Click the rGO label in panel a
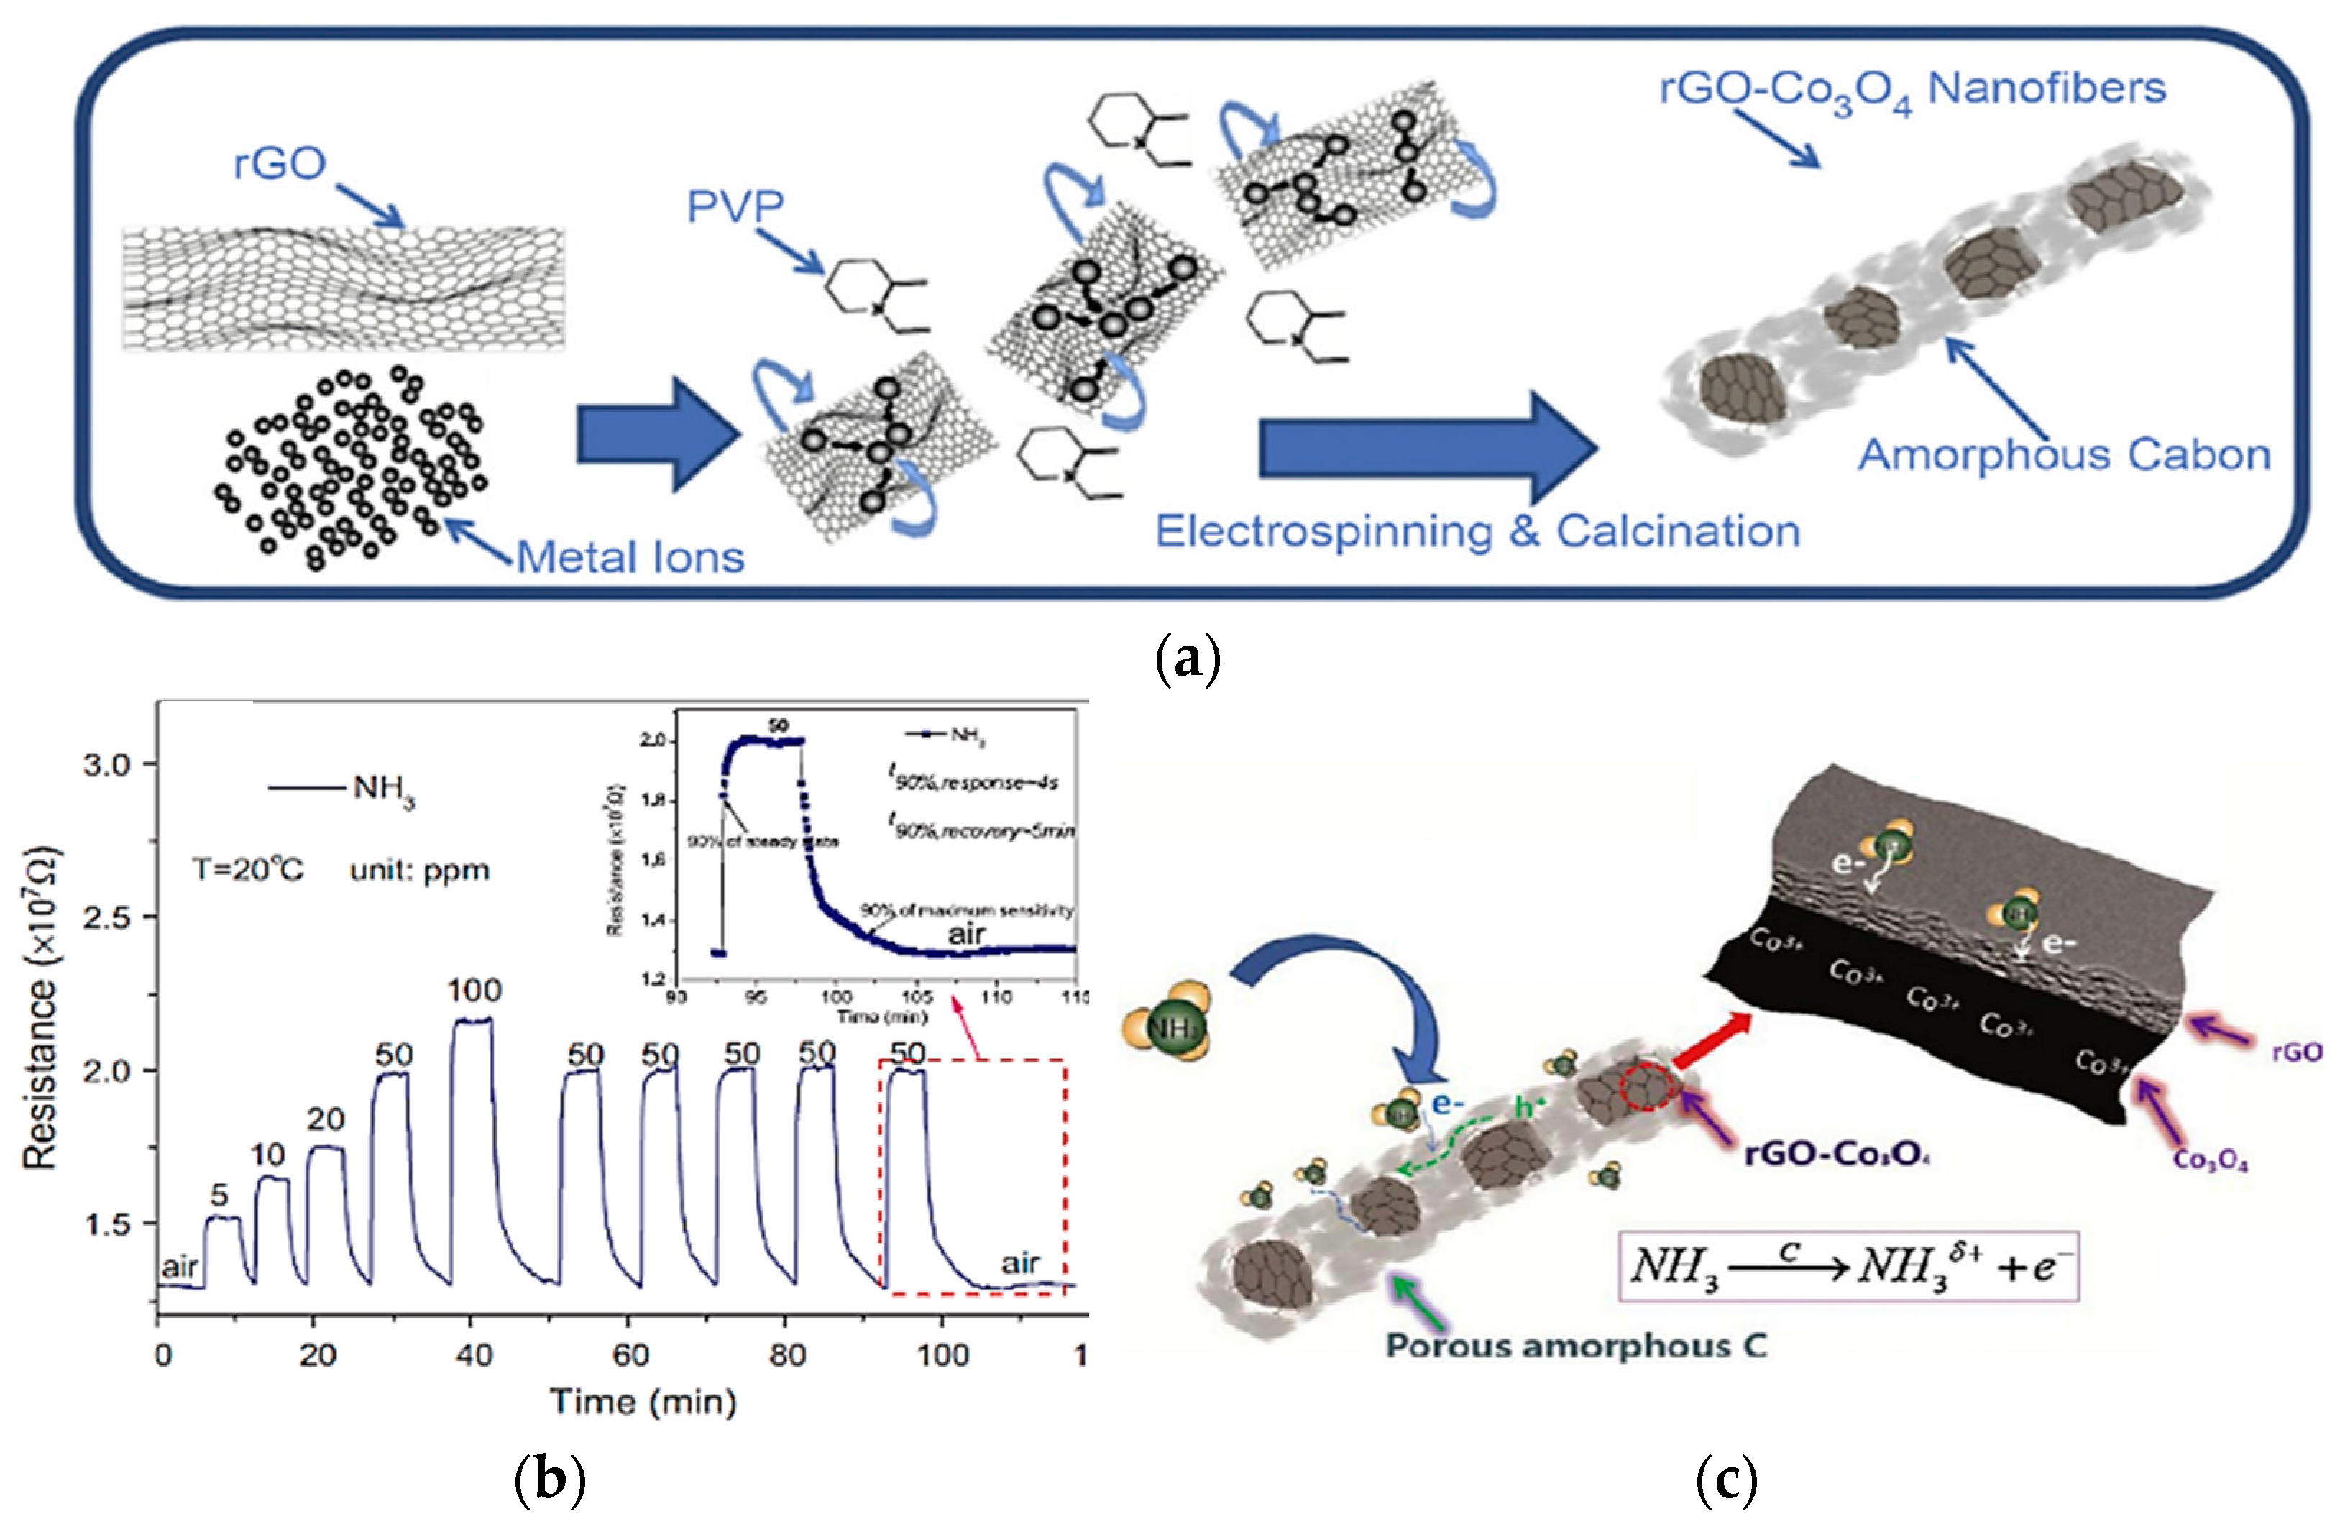click(x=279, y=163)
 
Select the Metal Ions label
click(x=630, y=558)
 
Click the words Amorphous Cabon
click(x=2064, y=455)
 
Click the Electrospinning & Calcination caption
click(x=1477, y=532)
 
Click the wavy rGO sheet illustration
click(x=343, y=288)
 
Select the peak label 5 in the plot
click(x=219, y=1195)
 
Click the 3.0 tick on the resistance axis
click(x=106, y=764)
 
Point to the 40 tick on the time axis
click(x=474, y=1356)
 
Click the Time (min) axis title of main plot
click(x=643, y=1402)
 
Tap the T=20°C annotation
click(x=247, y=870)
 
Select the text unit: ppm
click(x=420, y=871)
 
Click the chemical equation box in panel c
click(x=1848, y=1267)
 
